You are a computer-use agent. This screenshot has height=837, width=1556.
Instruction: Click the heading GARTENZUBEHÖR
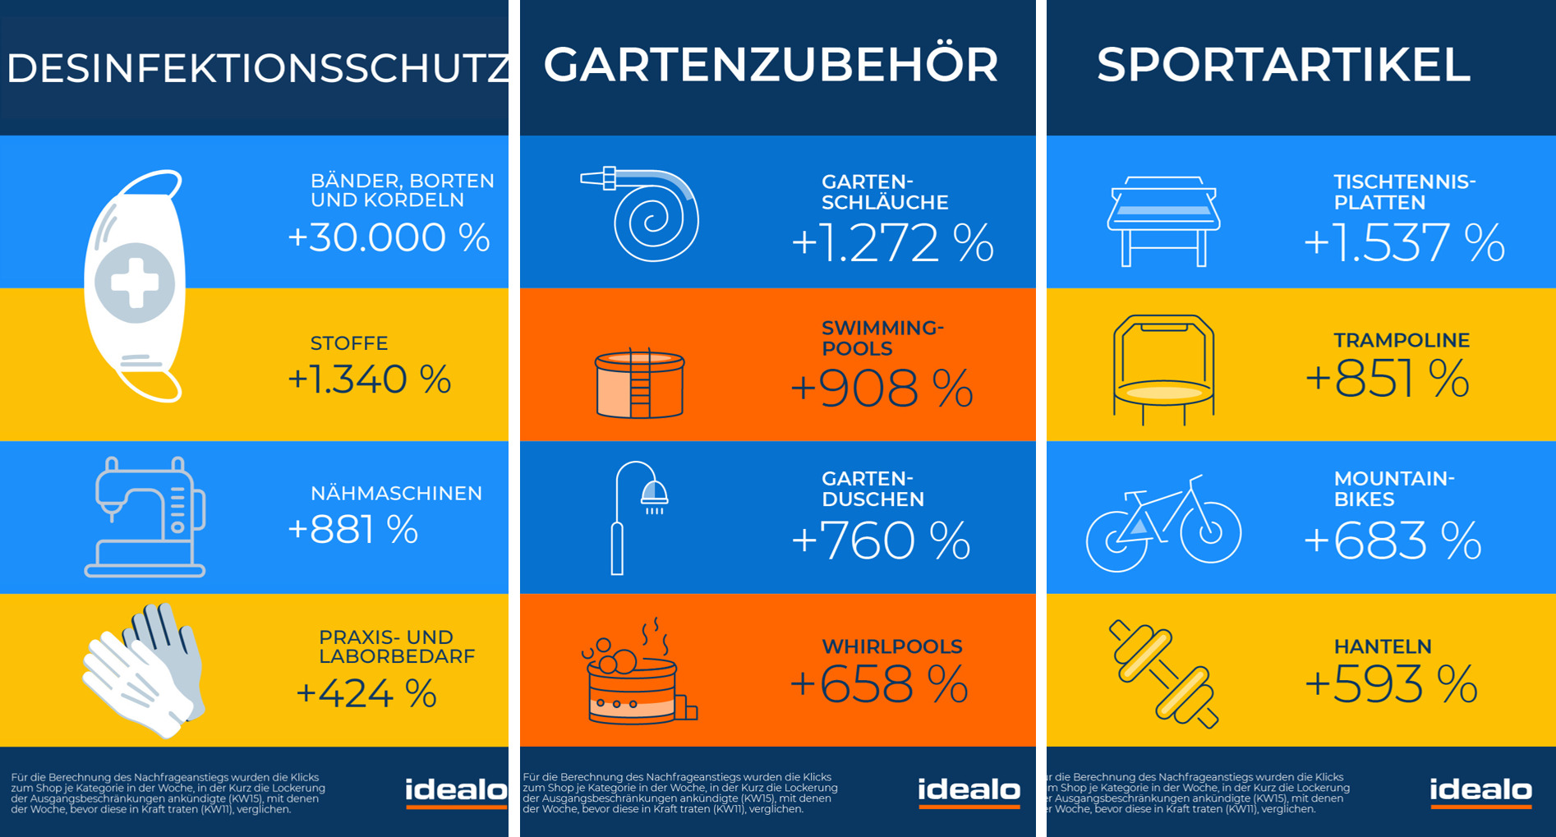tap(771, 66)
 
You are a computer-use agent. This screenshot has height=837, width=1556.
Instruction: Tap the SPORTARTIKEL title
tap(1282, 66)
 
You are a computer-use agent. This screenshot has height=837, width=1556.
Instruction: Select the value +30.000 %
tap(389, 238)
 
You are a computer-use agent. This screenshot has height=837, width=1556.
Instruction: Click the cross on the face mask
tap(135, 283)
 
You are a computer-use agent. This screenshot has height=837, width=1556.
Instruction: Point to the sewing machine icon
tap(145, 517)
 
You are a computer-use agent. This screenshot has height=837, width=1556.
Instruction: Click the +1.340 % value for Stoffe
tap(369, 379)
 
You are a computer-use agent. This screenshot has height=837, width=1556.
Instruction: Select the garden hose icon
tap(645, 214)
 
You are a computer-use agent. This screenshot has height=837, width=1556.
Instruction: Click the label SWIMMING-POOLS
tap(882, 338)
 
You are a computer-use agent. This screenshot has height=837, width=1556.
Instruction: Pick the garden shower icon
tap(637, 517)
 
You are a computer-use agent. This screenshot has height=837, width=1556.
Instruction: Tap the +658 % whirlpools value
tap(879, 684)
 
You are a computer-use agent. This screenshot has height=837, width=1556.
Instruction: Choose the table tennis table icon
tap(1162, 220)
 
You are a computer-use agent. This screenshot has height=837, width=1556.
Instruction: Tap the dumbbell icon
tap(1163, 674)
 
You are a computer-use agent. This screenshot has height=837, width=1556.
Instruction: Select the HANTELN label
tap(1382, 647)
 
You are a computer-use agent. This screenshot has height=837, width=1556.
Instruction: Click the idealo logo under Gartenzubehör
tap(969, 791)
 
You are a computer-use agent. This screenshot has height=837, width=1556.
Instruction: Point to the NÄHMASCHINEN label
tap(396, 494)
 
